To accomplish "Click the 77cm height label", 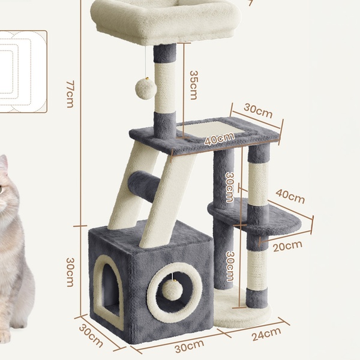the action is [70, 94].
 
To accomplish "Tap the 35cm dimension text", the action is [194, 85].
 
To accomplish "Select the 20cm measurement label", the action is [287, 246].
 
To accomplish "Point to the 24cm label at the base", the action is [266, 334].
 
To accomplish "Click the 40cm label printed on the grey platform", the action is [220, 139].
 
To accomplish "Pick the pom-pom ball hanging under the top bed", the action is [146, 89].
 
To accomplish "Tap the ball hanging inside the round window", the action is [172, 290].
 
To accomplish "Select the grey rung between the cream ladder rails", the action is [143, 187].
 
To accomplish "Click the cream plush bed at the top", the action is [166, 21].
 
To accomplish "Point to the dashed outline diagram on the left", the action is [23, 71].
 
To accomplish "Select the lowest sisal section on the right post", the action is [257, 269].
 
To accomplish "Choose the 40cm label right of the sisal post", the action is [290, 196].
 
